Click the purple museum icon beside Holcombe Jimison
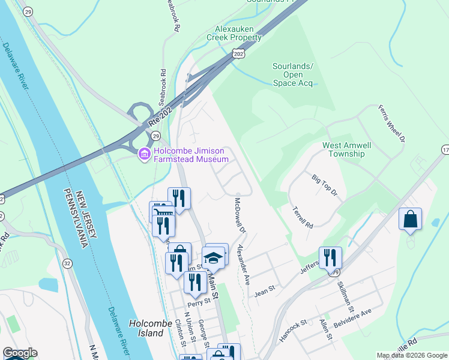tap(144, 155)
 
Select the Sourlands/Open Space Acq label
tap(293, 74)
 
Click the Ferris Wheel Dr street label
tap(392, 123)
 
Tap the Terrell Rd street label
tap(303, 217)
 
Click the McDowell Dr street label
tap(241, 216)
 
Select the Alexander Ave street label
tap(243, 264)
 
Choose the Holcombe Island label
tap(146, 328)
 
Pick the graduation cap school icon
tap(213, 257)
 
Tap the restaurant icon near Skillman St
tap(330, 257)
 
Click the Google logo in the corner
tap(19, 353)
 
